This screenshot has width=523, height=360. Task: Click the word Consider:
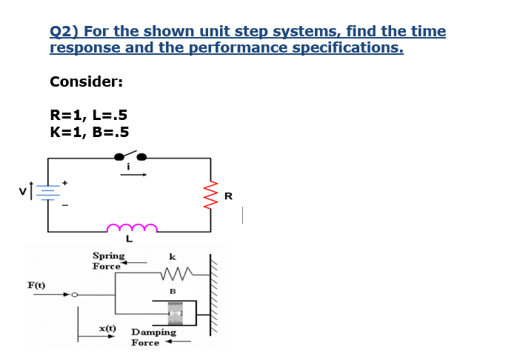point(86,81)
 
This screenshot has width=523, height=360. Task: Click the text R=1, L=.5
point(88,115)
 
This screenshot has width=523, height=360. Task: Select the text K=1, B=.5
point(89,133)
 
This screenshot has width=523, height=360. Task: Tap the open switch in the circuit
point(128,156)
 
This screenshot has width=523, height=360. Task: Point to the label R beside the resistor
point(227,196)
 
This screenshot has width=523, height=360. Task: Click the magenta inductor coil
point(132,226)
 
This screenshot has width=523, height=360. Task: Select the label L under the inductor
point(129,239)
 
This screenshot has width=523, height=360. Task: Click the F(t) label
point(36,284)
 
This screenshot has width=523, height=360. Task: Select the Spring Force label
point(107,260)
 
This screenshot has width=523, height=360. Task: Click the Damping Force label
point(153,337)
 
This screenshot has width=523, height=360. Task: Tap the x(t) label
point(107,327)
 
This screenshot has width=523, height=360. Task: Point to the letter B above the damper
point(173,291)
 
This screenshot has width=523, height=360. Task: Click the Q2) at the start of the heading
point(64,32)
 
